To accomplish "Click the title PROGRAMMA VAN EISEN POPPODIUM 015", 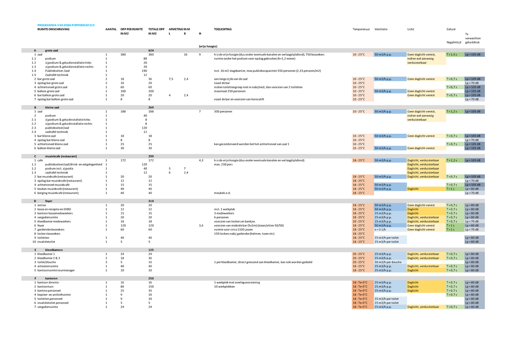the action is coord(66,25).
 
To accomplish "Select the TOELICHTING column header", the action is coord(223,29).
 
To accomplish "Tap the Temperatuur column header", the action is coord(361,29).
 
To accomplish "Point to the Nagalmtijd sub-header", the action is coord(454,42).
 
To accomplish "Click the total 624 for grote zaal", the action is coord(151,51).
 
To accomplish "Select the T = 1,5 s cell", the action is coord(452,55).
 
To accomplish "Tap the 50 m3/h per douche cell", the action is coord(388,262).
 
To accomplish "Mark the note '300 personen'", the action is coord(223,111).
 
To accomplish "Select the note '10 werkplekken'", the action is coord(225,287).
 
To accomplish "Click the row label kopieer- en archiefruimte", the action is coord(54,295).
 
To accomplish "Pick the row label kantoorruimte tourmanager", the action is coord(56,270).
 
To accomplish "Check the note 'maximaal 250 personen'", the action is coord(230,91).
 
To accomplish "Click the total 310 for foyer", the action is coord(151,201).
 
